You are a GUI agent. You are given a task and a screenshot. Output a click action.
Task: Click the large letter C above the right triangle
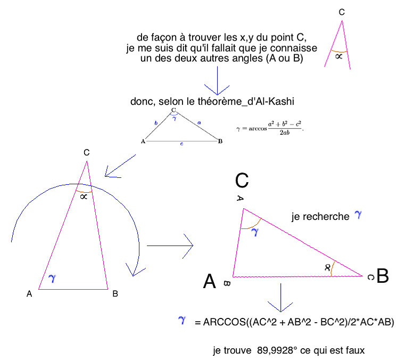242,181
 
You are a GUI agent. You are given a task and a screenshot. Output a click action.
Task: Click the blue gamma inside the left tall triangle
52,277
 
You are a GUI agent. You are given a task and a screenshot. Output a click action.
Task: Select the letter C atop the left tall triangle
86,153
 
